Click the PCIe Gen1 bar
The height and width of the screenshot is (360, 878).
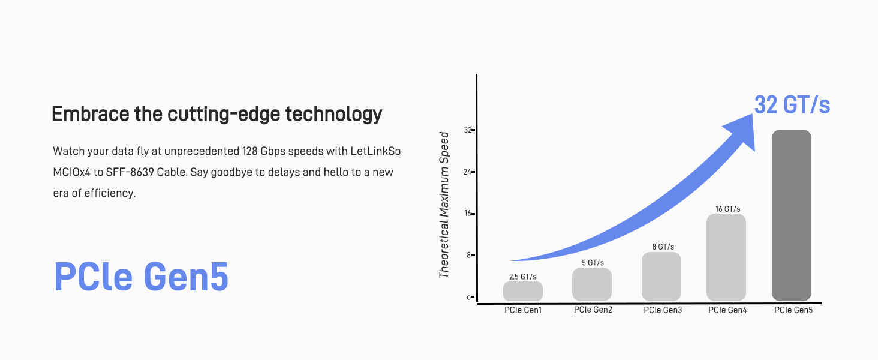point(523,291)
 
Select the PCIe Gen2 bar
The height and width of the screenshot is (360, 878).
point(592,284)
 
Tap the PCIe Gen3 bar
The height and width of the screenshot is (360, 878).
point(661,277)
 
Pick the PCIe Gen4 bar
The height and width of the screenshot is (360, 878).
point(726,257)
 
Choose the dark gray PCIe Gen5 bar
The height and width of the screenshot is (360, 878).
point(792,215)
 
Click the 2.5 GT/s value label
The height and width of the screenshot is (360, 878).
point(523,277)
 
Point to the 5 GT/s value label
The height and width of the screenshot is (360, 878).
point(593,263)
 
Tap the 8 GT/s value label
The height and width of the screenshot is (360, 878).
point(663,247)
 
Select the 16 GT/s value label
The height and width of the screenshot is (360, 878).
point(728,209)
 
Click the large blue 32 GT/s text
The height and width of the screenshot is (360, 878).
point(792,105)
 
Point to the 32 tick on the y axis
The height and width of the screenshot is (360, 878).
point(469,130)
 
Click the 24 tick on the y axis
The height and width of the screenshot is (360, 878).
point(469,172)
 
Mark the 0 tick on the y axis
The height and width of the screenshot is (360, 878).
point(470,297)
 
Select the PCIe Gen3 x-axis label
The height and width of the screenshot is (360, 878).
point(663,310)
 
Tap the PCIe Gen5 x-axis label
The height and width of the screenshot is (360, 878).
point(793,310)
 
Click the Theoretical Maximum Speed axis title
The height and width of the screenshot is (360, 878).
point(444,205)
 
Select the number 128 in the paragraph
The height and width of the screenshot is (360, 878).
point(249,151)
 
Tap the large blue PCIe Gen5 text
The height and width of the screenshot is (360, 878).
point(141,277)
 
